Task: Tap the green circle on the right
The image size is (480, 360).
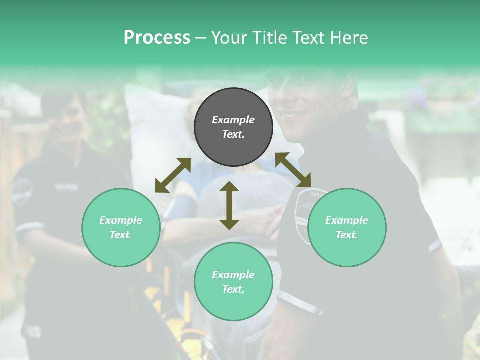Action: tap(347, 227)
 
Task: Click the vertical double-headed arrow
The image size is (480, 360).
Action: tap(229, 205)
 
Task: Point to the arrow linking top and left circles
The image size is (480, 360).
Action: tap(173, 175)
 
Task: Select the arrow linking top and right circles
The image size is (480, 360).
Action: tap(293, 169)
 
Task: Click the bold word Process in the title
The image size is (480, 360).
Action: tap(157, 37)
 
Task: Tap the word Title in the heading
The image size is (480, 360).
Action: tap(270, 37)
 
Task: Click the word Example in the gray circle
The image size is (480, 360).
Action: tap(233, 120)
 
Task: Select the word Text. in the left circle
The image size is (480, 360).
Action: tap(121, 235)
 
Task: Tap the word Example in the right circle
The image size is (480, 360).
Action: tap(347, 220)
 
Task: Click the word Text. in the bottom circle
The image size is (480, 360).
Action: tap(233, 289)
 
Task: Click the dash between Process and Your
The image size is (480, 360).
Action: tap(200, 37)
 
